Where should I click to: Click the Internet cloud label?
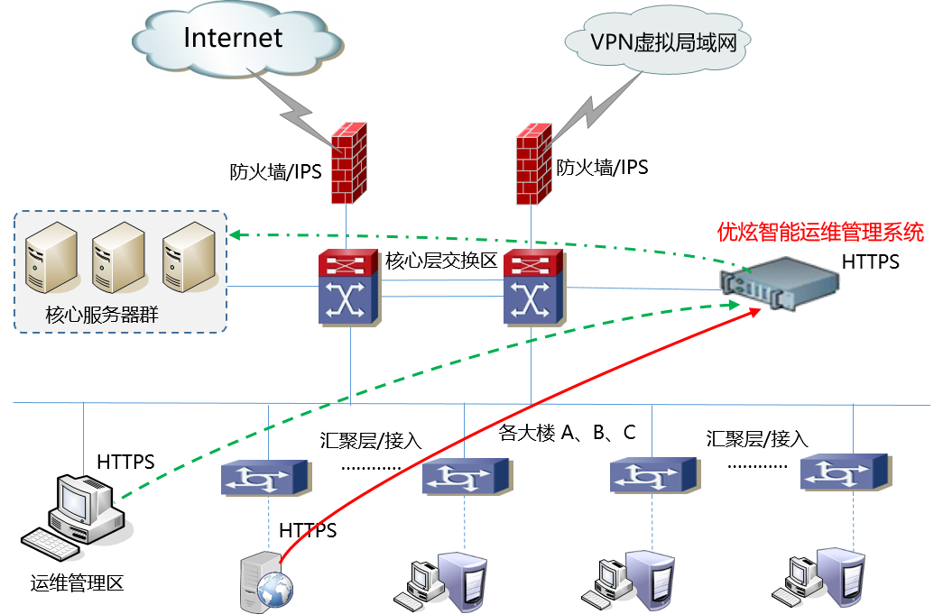233,38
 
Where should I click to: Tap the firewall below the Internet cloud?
348,163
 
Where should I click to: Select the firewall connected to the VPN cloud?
533,163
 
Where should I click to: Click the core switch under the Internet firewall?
349,288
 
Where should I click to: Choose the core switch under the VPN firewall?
534,288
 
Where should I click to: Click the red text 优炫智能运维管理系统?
820,233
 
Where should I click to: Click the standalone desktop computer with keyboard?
79,515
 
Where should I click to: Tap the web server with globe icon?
267,583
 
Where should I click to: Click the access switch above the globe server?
266,477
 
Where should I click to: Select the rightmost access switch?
846,472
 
